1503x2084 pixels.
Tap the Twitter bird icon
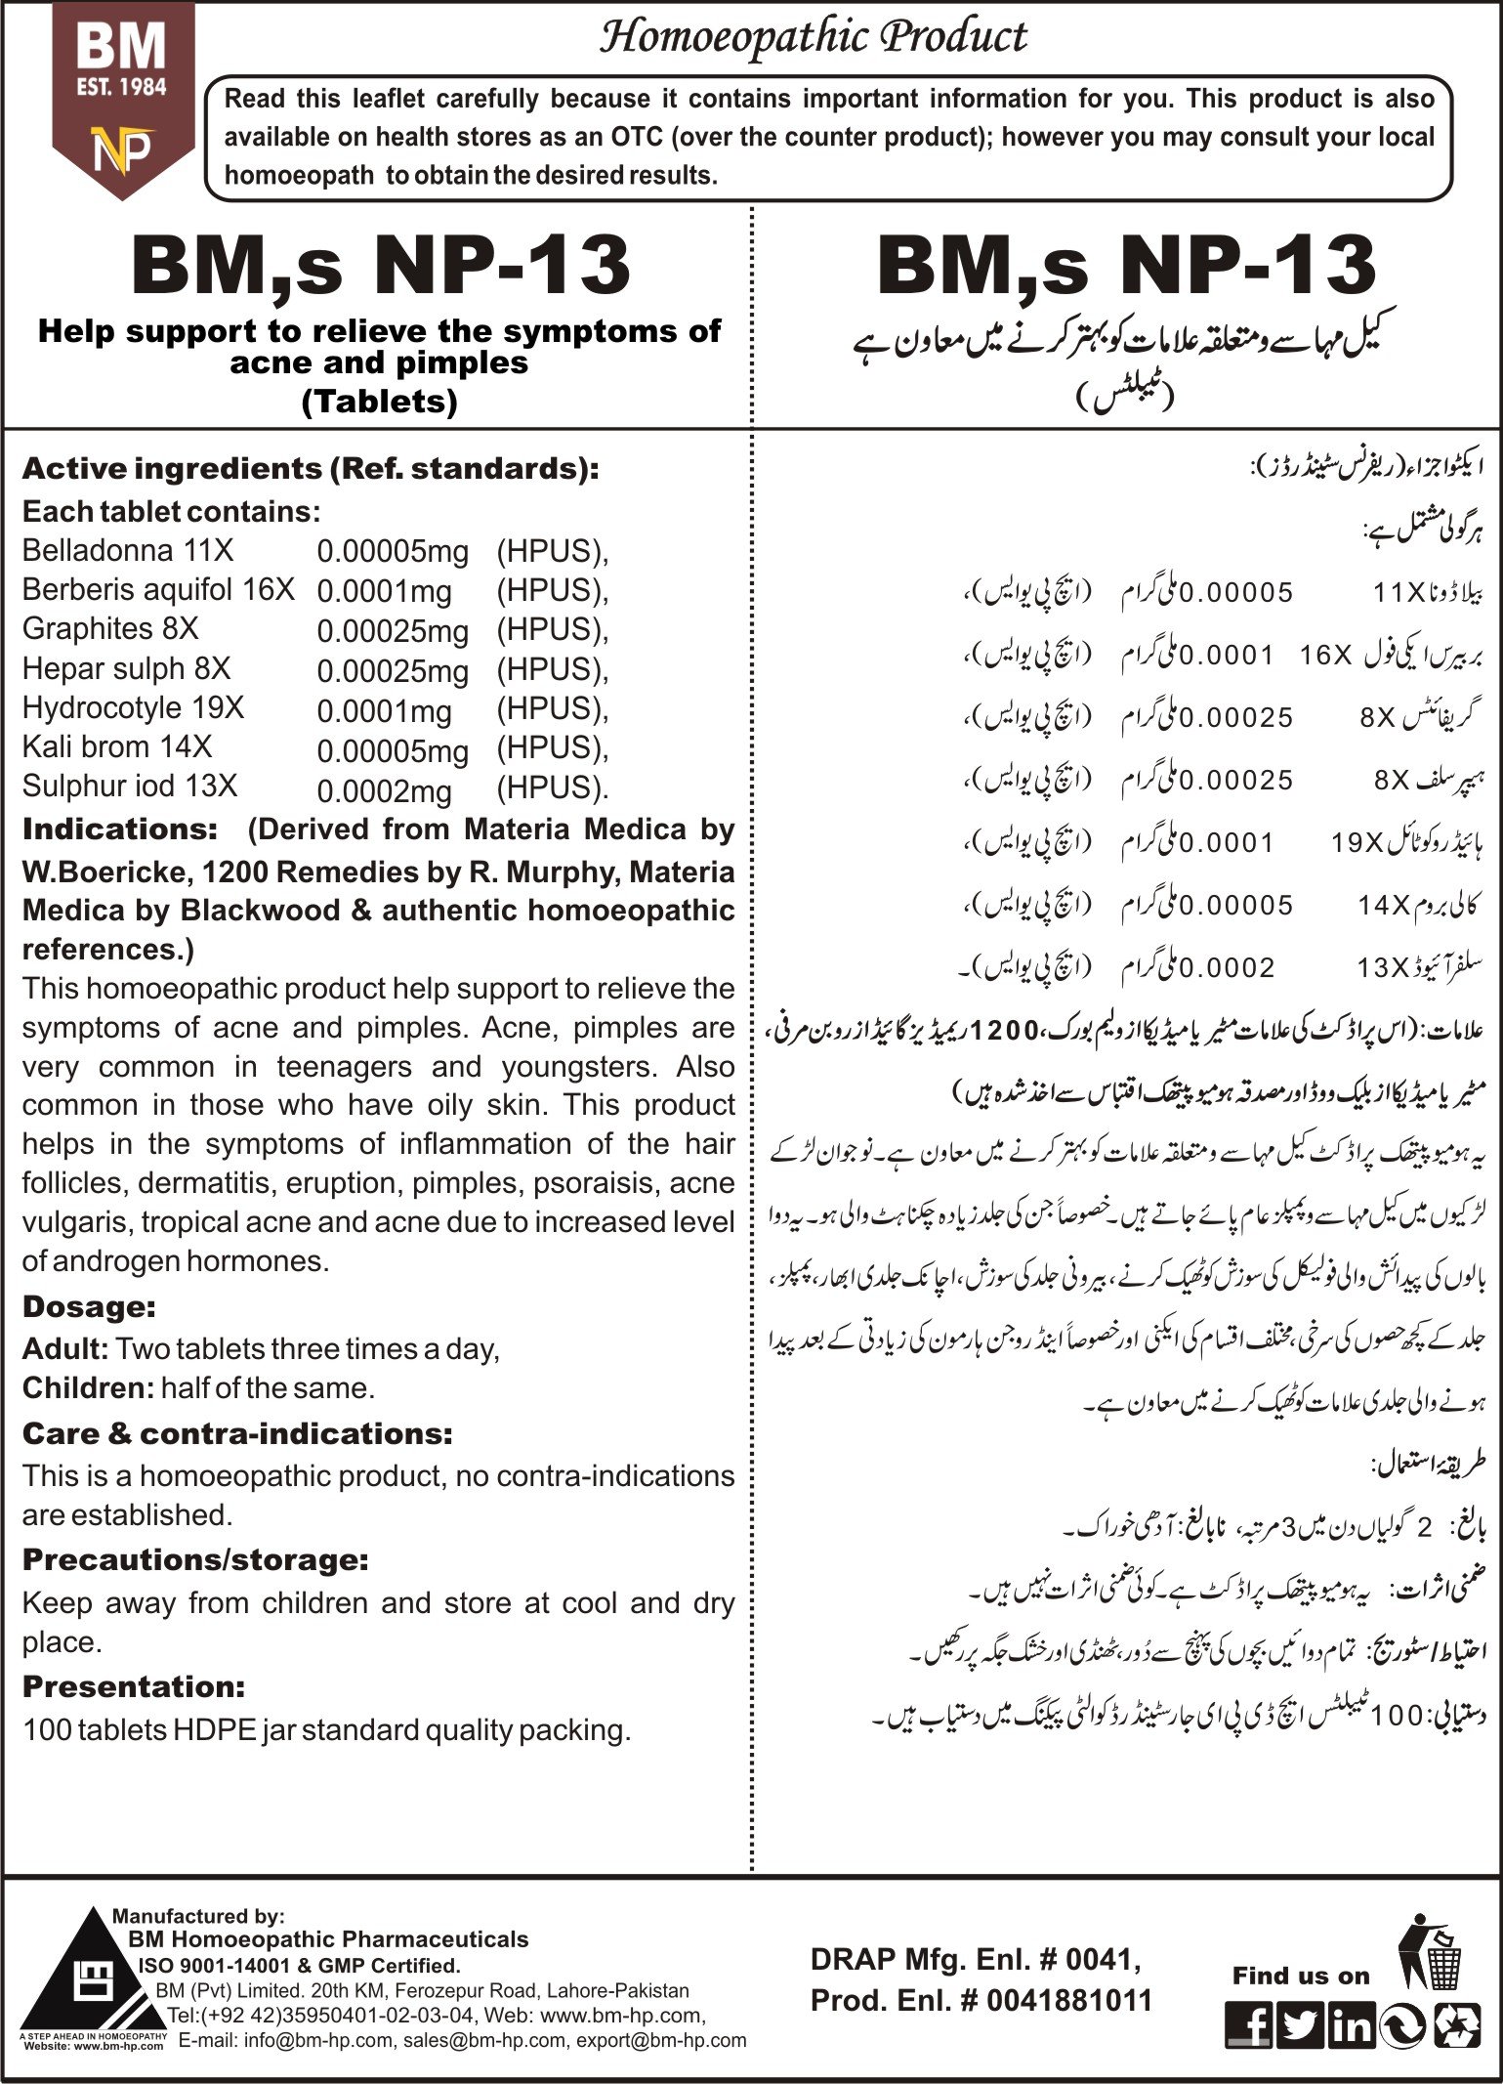1299,2026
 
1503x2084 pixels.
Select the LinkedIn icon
1351,2026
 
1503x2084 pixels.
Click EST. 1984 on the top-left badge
122,87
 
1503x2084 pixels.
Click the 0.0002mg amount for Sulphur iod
384,790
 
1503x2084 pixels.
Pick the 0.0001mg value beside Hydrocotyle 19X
384,710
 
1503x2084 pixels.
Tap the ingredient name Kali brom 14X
117,747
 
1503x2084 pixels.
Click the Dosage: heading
89,1307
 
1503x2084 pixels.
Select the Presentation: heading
134,1686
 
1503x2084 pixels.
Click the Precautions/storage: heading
195,1559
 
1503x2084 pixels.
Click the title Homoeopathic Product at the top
813,37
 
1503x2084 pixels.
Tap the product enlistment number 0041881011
1069,2001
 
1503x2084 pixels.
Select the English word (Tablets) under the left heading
380,402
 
